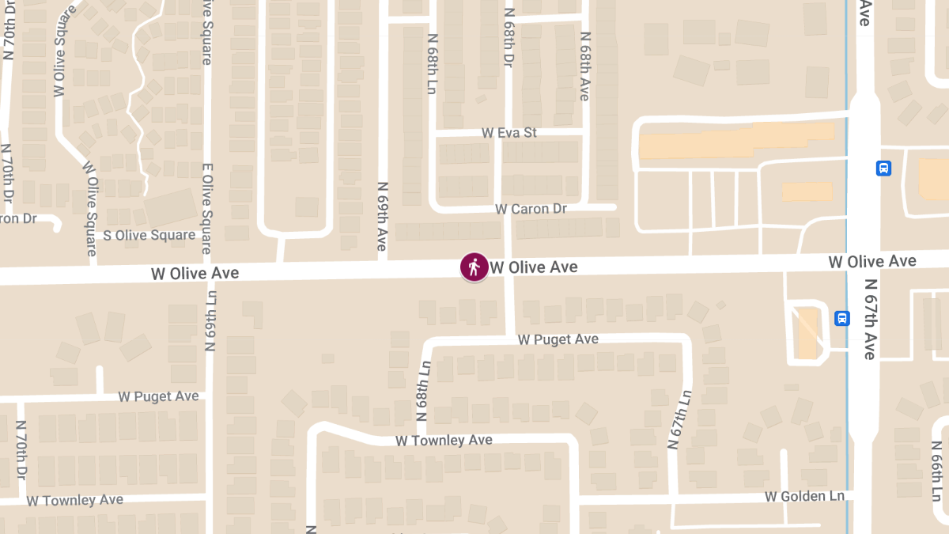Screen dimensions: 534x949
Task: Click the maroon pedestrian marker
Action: click(475, 267)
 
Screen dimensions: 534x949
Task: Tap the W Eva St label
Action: click(509, 133)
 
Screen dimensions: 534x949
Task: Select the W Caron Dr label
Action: click(531, 209)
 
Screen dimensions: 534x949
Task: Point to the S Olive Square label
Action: click(149, 235)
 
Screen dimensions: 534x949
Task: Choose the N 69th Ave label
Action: click(382, 216)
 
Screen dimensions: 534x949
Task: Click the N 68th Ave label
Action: click(585, 66)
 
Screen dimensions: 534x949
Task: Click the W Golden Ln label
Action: click(804, 496)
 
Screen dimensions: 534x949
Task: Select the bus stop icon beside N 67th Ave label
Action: click(842, 318)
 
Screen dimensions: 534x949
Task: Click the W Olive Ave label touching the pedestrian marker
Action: click(534, 267)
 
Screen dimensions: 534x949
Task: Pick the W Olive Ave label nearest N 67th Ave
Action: click(872, 261)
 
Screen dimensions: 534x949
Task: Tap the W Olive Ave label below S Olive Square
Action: click(195, 273)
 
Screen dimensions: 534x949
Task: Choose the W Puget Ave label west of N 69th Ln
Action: click(158, 396)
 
